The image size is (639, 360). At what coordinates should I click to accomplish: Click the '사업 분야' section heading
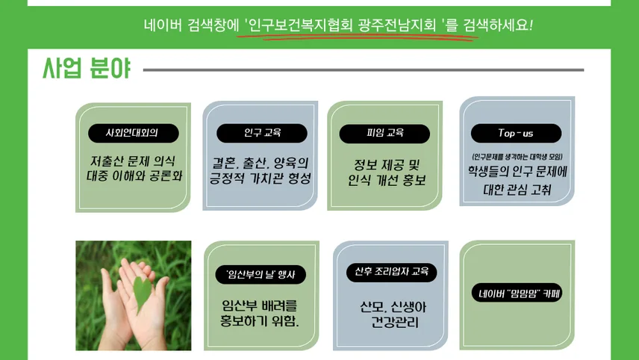coord(87,68)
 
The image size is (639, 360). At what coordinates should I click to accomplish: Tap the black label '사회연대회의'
coord(134,133)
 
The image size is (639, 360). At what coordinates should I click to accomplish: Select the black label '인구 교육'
coord(261,133)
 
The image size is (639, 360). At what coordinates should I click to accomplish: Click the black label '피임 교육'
coord(384,134)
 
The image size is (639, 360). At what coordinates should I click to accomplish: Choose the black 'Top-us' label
coord(516,133)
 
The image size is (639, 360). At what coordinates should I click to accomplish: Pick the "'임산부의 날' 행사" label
coord(261,274)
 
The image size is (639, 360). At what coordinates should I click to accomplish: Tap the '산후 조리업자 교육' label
coord(391,273)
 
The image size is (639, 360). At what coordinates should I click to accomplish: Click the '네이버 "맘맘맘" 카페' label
coord(517,293)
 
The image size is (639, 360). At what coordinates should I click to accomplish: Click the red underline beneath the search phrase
coord(358,37)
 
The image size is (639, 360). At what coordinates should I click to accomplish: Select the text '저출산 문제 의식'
coord(133,161)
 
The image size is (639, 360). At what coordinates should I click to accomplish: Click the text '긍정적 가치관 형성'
coord(261,179)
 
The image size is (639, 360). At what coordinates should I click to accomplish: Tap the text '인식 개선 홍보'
coord(387,180)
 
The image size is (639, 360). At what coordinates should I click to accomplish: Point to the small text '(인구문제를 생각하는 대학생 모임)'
coord(517,157)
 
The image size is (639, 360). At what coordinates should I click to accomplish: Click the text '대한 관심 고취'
coord(517,190)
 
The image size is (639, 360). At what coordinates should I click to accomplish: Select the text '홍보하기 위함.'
coord(260,321)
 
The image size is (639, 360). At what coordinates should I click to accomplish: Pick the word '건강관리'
coord(394,322)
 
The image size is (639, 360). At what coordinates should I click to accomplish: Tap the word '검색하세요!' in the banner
coord(498,25)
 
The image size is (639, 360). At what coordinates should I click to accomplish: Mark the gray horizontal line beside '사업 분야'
coord(364,69)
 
